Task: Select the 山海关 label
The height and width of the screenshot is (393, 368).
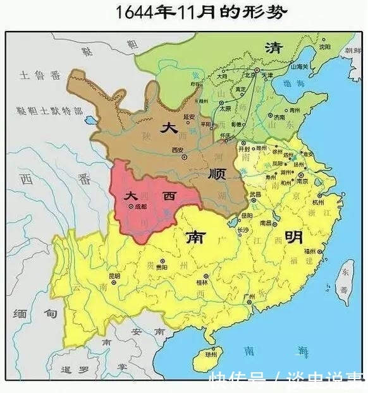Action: point(299,65)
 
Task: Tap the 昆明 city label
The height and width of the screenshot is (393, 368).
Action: point(114,276)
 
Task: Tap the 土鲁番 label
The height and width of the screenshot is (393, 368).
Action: point(39,76)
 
